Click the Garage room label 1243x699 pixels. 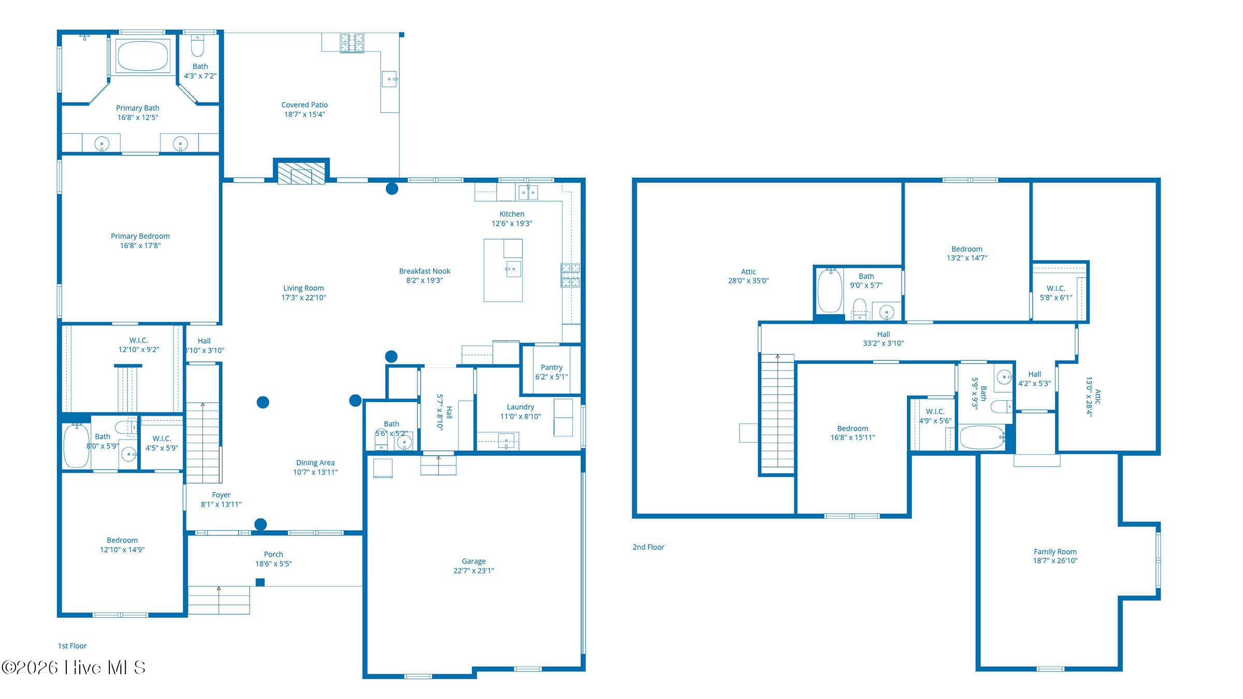pyautogui.click(x=473, y=561)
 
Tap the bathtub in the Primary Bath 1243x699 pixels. pyautogui.click(x=142, y=56)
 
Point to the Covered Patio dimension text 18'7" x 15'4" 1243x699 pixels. pyautogui.click(x=305, y=114)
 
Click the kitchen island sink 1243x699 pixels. pyautogui.click(x=513, y=269)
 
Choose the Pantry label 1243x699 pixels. pyautogui.click(x=552, y=367)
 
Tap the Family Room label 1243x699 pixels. pyautogui.click(x=1055, y=551)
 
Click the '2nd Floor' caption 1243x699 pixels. pyautogui.click(x=648, y=547)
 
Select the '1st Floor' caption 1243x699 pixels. pyautogui.click(x=72, y=646)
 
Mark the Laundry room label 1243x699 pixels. pyautogui.click(x=521, y=407)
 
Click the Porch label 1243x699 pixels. pyautogui.click(x=273, y=554)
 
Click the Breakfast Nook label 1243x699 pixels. pyautogui.click(x=425, y=271)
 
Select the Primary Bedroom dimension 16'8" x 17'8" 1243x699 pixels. pyautogui.click(x=140, y=245)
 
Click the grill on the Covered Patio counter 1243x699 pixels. pyautogui.click(x=352, y=42)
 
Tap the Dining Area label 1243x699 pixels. pyautogui.click(x=315, y=462)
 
